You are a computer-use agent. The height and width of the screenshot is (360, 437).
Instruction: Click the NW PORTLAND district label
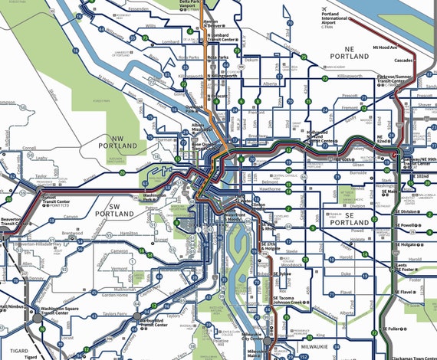pos(117,142)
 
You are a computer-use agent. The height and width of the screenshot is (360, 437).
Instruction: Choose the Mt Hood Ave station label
pos(388,47)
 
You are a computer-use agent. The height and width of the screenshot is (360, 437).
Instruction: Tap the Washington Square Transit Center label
pos(63,310)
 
